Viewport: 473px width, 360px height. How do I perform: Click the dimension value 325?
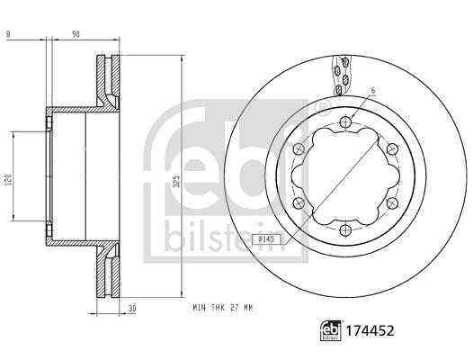pos(177,181)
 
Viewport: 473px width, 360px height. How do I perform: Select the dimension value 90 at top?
pos(76,34)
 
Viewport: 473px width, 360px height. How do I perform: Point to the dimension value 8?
pos(8,34)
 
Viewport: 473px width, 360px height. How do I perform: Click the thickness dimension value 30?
pos(132,309)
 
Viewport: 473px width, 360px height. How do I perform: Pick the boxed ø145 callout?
pos(266,239)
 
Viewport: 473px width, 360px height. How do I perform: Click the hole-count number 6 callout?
pos(373,90)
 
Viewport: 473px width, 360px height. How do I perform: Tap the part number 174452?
pos(370,331)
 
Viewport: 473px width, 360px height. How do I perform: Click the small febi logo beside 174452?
pos(331,330)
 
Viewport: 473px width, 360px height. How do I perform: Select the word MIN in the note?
pos(200,308)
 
